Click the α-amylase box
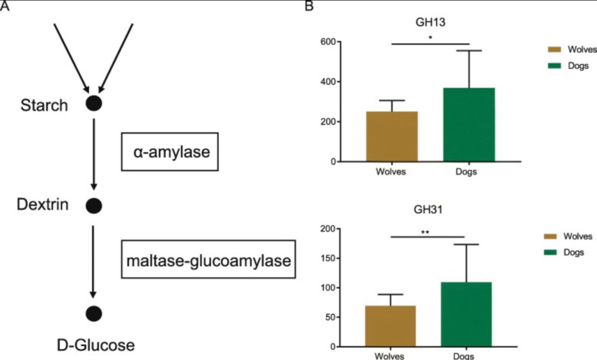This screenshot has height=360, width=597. (x=169, y=152)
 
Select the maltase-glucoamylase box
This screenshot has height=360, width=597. (x=208, y=260)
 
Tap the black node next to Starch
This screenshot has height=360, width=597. (x=94, y=104)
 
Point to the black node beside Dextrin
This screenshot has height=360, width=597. (x=94, y=205)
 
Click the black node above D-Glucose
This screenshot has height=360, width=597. (x=94, y=313)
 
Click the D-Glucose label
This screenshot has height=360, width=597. (x=96, y=345)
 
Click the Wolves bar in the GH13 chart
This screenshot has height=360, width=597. (x=392, y=136)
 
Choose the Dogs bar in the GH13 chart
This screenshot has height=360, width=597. (x=469, y=125)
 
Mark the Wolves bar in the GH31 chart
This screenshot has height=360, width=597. (x=390, y=326)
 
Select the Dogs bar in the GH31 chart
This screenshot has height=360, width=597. (x=466, y=315)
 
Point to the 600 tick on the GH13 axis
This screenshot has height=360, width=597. (x=326, y=42)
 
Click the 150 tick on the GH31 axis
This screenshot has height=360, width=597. (x=326, y=259)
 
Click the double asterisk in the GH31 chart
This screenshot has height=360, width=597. (x=426, y=232)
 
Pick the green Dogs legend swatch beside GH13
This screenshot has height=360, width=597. (x=554, y=66)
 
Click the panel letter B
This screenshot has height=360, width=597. (x=310, y=6)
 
